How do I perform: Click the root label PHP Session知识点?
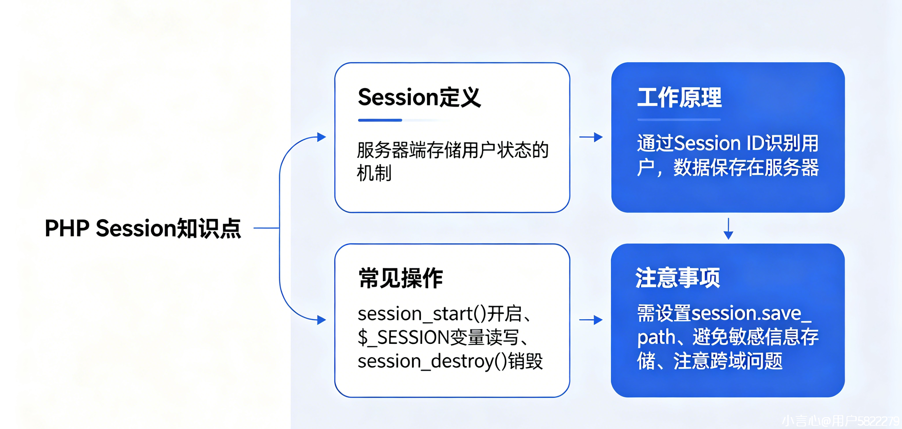click(x=143, y=228)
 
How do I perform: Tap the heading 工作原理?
click(x=679, y=98)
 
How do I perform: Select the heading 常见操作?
click(x=400, y=278)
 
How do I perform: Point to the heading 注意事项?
click(x=678, y=278)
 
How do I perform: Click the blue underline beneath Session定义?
click(x=380, y=120)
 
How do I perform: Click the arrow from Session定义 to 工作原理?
click(x=591, y=137)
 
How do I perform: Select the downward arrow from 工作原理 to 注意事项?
click(x=728, y=229)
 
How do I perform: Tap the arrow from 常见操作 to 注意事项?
click(x=591, y=320)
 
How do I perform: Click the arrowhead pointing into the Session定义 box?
click(x=321, y=137)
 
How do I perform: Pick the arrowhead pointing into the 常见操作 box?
click(x=321, y=320)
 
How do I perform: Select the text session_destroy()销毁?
click(x=450, y=361)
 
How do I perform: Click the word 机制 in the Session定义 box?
click(x=374, y=173)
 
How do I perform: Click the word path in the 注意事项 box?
click(x=656, y=337)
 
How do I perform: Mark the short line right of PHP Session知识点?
click(x=266, y=228)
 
